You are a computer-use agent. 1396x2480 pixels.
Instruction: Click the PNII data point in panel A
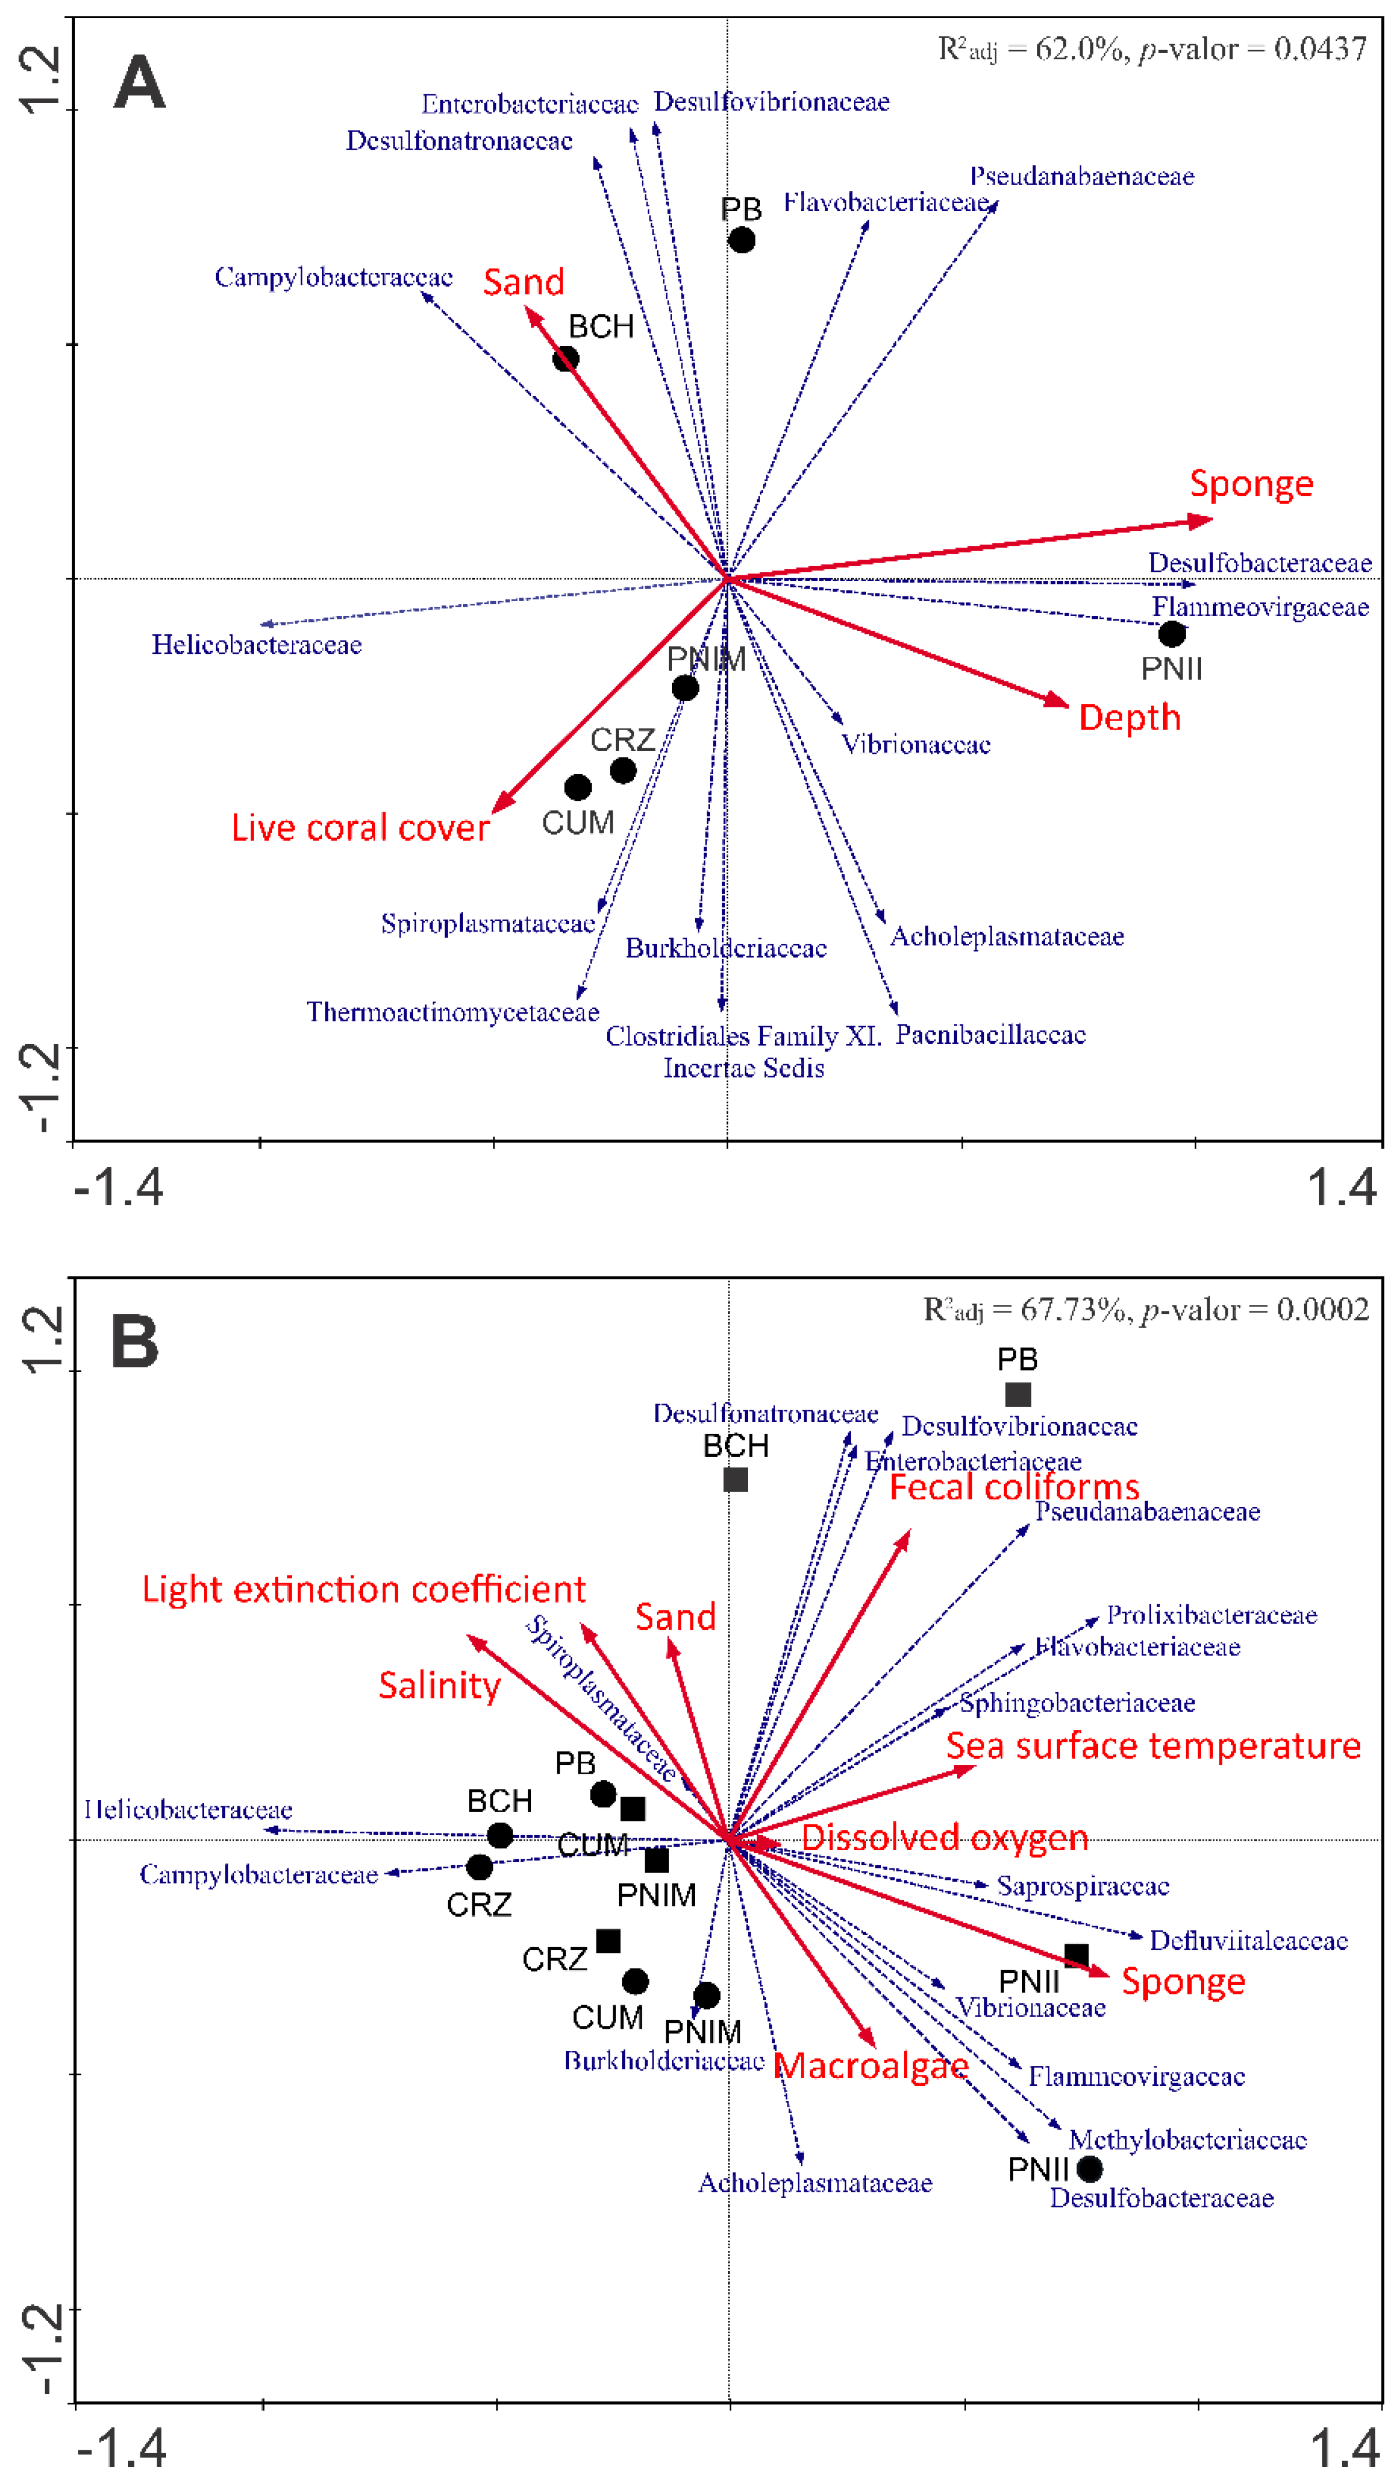[1171, 634]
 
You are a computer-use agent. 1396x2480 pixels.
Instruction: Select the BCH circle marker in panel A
[565, 359]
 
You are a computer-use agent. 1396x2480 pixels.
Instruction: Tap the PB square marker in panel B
[1017, 1394]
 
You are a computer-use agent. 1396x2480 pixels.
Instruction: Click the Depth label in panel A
[1129, 717]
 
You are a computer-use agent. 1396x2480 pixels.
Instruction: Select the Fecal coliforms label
[1014, 1487]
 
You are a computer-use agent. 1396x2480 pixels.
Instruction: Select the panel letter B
[135, 1342]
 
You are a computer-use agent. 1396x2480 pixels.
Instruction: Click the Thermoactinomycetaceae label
[453, 1012]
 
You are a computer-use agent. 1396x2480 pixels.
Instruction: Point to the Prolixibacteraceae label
[1211, 1615]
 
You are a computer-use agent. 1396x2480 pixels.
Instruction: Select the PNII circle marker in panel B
[1089, 2169]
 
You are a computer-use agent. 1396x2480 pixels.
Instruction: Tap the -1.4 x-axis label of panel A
[118, 1188]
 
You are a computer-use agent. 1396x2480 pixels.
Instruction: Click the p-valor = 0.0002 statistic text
[1254, 1310]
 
